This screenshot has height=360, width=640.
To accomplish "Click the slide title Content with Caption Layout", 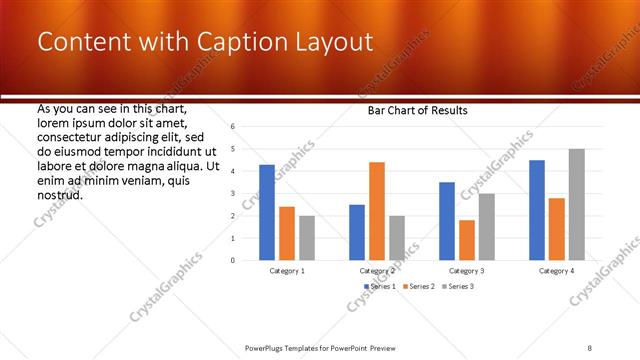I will pyautogui.click(x=205, y=42).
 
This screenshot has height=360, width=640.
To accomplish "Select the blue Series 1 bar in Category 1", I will pyautogui.click(x=267, y=212).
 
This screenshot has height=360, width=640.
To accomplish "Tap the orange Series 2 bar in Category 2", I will pyautogui.click(x=377, y=211).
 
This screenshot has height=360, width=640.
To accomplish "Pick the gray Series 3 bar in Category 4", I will pyautogui.click(x=577, y=204).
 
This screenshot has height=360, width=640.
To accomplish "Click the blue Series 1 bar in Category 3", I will pyautogui.click(x=447, y=221).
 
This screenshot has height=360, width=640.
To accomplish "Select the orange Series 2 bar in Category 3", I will pyautogui.click(x=467, y=240).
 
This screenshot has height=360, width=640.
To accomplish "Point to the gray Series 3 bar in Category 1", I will pyautogui.click(x=307, y=238).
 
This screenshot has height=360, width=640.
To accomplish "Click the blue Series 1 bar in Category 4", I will pyautogui.click(x=537, y=210).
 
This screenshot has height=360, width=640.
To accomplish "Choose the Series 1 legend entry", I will pyautogui.click(x=380, y=287).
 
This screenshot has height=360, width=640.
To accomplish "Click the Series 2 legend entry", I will pyautogui.click(x=420, y=287).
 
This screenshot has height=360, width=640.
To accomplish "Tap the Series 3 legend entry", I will pyautogui.click(x=459, y=287).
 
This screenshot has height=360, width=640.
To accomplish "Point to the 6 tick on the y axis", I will pyautogui.click(x=232, y=127).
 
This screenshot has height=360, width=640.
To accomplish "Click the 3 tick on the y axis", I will pyautogui.click(x=232, y=194).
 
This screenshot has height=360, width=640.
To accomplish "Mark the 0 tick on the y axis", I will pyautogui.click(x=232, y=260).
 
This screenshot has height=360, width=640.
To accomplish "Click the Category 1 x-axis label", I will pyautogui.click(x=287, y=271).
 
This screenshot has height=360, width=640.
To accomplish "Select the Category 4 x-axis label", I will pyautogui.click(x=557, y=271).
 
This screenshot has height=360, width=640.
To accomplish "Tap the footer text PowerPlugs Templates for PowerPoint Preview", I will pyautogui.click(x=319, y=347).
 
